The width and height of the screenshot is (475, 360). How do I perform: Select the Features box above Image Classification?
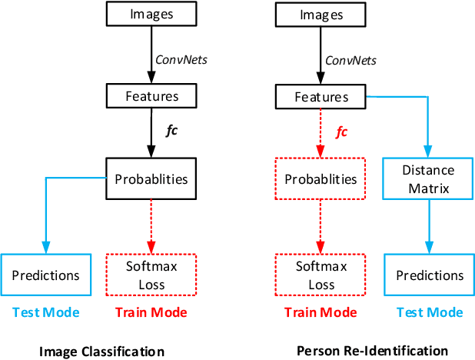(x=151, y=97)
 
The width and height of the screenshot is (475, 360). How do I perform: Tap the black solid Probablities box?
(x=151, y=179)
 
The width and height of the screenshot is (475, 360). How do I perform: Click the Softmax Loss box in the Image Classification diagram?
(x=151, y=275)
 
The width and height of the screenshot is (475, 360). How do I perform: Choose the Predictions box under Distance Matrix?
(x=429, y=275)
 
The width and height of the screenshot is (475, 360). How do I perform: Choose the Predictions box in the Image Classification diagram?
(x=46, y=275)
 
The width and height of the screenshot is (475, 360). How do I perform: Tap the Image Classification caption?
(x=101, y=351)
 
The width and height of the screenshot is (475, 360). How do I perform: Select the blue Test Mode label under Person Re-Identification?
(x=429, y=312)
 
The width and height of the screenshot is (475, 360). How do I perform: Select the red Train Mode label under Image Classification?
(x=151, y=312)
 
